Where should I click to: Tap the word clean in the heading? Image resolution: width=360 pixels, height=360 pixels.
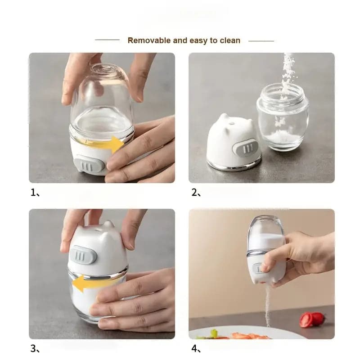(230, 40)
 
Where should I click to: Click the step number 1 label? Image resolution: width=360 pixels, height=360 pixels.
(33, 193)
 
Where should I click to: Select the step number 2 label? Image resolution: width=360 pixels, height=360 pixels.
(194, 193)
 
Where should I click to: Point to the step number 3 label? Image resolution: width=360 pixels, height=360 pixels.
(33, 348)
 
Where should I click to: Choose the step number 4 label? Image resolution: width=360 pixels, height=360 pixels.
(194, 348)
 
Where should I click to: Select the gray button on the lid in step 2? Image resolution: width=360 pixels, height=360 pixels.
(246, 148)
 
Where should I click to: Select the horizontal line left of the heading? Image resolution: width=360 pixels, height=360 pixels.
(107, 40)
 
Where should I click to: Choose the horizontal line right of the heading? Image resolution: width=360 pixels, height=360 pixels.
(261, 40)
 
